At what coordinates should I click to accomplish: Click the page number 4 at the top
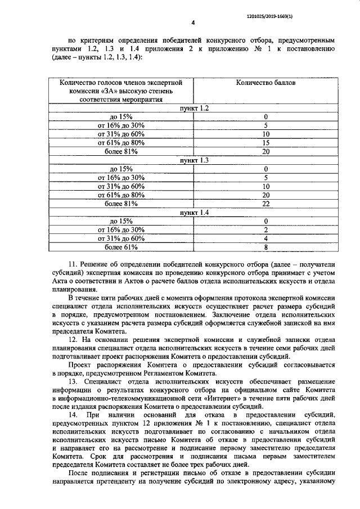(193, 23)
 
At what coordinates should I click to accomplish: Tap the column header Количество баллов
(266, 82)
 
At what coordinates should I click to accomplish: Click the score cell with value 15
(266, 143)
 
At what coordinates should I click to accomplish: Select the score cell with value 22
(266, 204)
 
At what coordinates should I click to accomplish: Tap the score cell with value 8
(266, 247)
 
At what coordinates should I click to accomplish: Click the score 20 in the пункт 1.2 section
(266, 151)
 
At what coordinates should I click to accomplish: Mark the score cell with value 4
(266, 239)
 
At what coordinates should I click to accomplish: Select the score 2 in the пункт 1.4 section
(266, 230)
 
